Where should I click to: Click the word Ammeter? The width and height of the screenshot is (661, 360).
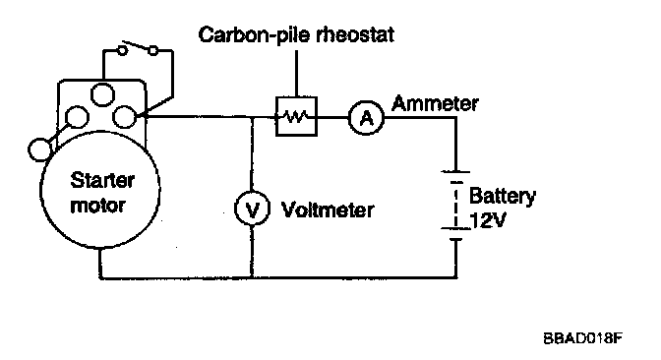pos(435,103)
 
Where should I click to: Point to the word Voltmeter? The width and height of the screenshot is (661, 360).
pos(328,210)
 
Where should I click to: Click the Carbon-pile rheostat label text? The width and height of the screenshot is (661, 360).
pos(296,34)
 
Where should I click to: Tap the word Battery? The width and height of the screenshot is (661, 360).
pos(502,196)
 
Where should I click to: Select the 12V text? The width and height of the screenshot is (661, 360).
pos(487,220)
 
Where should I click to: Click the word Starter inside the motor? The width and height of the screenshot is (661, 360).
pos(102,180)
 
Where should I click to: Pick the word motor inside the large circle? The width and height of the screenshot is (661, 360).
pos(97,206)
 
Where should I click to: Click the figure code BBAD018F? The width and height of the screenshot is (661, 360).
pos(582,338)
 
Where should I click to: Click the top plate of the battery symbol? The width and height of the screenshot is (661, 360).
pos(455,171)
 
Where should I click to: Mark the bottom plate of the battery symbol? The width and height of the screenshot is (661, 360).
pos(456,239)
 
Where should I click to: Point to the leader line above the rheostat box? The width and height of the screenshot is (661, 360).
pos(296,74)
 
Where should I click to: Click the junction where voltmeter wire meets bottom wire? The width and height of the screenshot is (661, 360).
pos(252,277)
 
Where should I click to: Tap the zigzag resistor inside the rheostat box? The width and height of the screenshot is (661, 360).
pos(296,116)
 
